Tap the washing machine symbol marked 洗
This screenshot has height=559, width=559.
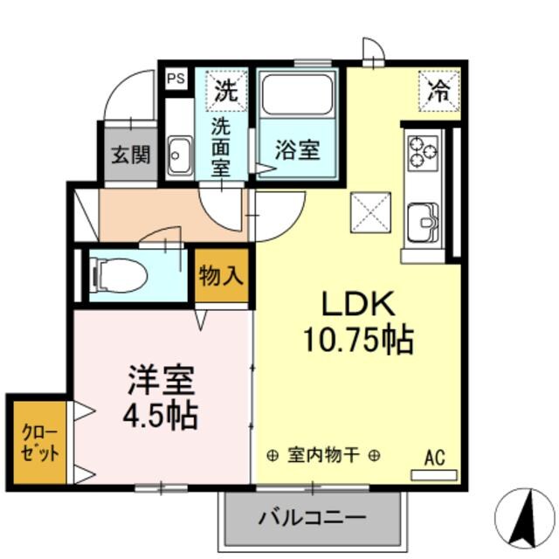point(225,90)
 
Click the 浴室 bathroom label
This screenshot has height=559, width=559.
point(297,150)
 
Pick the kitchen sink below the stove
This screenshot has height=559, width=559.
point(423,220)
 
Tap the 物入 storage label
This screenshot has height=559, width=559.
point(221,277)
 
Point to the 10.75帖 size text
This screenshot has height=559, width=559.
point(358,340)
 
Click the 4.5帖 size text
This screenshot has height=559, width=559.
point(160,416)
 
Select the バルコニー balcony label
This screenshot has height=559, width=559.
point(312,517)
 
